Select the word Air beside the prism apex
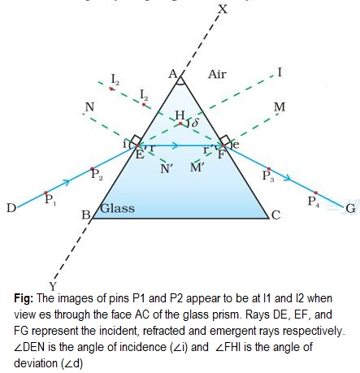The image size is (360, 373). coord(217,74)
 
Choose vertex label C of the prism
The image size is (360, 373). coord(275,216)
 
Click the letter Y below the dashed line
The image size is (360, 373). coord(52,285)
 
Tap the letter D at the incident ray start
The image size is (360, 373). coord(11,209)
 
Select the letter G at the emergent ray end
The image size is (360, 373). coord(350,210)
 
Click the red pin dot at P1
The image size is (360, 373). coord(46,193)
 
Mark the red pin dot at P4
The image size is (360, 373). coord(315,193)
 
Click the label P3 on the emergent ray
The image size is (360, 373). coord(268,175)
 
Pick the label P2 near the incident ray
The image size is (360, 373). coord(97,174)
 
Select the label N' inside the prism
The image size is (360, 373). coord(166,169)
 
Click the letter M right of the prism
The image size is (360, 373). coord(280,107)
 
